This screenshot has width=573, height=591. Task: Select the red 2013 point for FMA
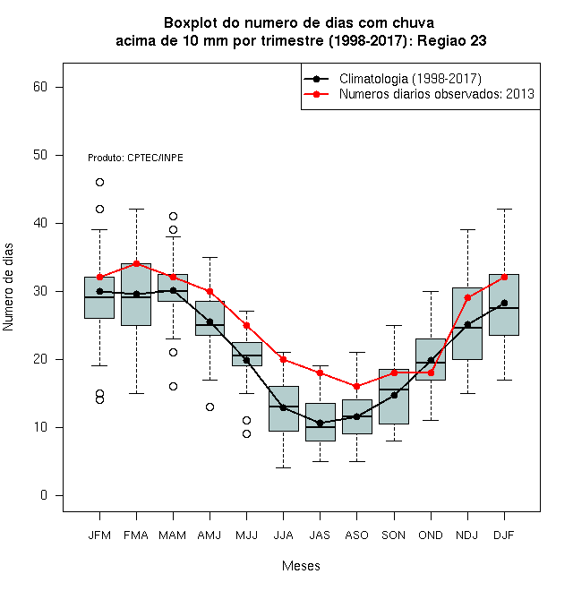coord(136,263)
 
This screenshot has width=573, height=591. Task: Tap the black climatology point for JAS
coord(320,424)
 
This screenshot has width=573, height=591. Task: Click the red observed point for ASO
coord(356,386)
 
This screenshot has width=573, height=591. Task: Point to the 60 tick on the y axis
coord(59,87)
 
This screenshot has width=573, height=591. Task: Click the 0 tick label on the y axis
coord(44,495)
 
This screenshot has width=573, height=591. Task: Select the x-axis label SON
coord(393,535)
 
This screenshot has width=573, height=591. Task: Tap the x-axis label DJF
coord(504,535)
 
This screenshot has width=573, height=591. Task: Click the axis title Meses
coord(301,566)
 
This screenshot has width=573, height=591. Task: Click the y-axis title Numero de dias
coord(8,287)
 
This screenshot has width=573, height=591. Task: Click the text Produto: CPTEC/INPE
coord(135,158)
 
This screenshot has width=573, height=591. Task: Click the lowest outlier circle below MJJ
coord(246,433)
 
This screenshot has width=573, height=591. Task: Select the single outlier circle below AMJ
coord(210,407)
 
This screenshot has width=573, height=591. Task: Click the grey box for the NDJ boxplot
coord(467,323)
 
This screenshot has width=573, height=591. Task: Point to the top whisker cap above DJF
coord(504,209)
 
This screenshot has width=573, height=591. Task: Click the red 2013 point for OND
coord(431,373)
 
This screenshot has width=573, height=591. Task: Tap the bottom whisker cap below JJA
coord(283,467)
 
